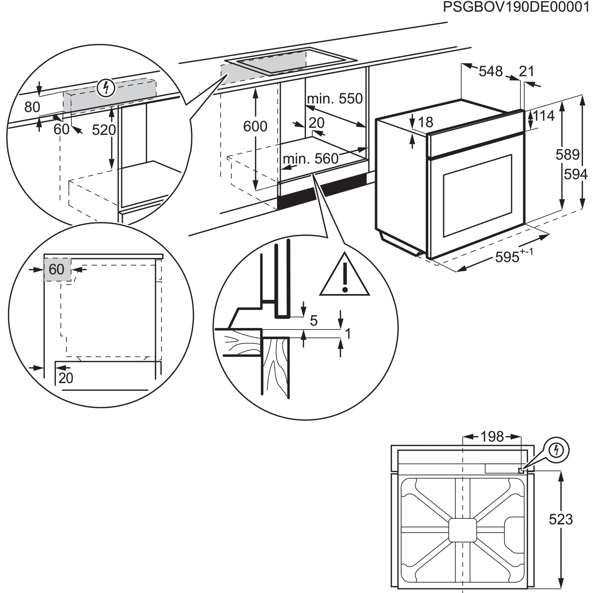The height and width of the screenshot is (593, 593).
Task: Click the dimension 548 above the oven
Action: click(x=491, y=71)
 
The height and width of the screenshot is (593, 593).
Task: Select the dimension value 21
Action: click(x=527, y=71)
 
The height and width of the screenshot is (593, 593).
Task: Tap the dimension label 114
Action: click(x=543, y=116)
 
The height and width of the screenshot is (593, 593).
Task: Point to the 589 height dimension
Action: click(x=568, y=155)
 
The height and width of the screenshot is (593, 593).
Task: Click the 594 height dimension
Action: click(x=576, y=175)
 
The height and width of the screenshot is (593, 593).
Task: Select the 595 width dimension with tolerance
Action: click(x=514, y=256)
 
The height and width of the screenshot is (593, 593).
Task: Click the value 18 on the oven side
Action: click(x=425, y=122)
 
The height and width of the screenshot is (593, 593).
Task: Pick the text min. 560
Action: click(x=310, y=159)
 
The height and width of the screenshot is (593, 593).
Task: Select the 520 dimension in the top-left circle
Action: click(x=104, y=130)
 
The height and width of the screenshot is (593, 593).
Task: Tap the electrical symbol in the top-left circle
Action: click(x=106, y=88)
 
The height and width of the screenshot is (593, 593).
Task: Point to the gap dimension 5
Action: click(x=313, y=321)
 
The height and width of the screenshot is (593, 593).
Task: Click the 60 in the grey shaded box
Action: click(x=56, y=270)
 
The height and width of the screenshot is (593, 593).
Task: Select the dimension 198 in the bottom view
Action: click(x=492, y=436)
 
